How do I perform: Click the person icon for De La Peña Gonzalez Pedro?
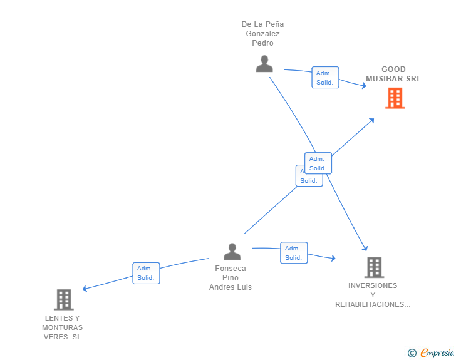264,64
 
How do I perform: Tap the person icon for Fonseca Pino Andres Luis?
232,252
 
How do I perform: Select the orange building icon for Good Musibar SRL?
395,98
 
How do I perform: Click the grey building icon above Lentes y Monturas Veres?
63,300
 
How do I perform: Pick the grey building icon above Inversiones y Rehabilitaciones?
374,267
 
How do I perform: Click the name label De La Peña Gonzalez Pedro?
262,34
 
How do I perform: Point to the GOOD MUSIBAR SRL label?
393,75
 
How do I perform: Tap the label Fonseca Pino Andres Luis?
231,278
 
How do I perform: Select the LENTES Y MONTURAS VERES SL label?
62,327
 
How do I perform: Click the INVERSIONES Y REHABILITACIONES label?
373,295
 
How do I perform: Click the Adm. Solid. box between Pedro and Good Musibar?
325,78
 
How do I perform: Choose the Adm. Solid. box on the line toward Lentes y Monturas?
146,274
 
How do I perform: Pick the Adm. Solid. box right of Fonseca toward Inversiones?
293,253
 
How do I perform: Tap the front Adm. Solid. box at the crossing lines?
318,163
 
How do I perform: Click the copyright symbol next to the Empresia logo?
412,353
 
